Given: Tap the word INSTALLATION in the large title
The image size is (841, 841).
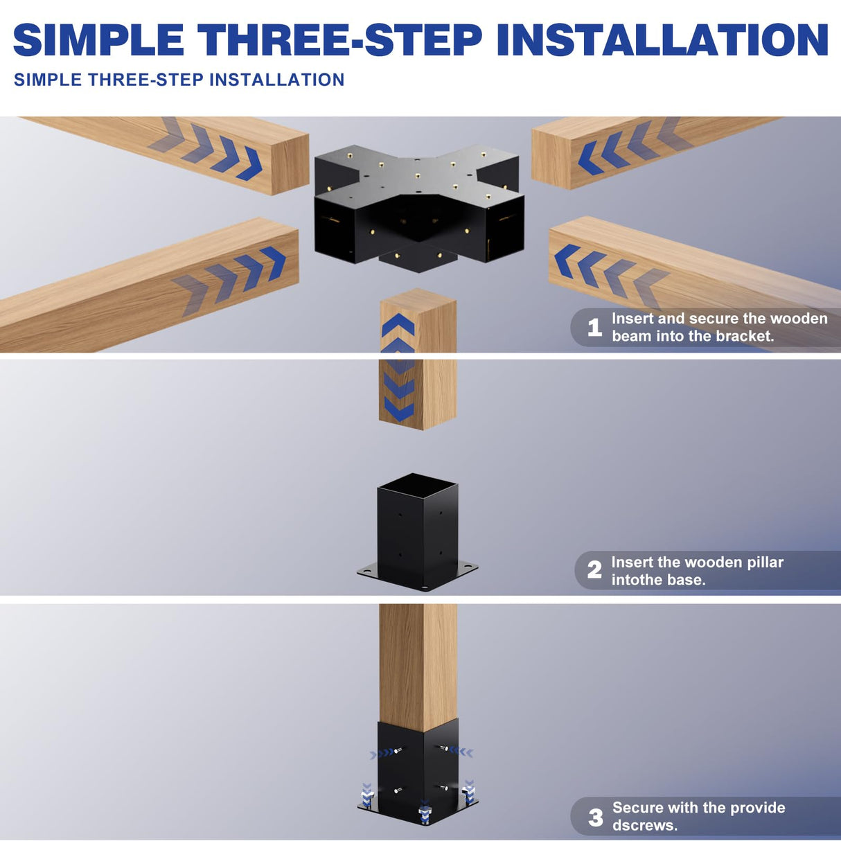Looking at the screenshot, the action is [662, 39].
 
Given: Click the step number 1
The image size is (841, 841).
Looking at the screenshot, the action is [594, 328].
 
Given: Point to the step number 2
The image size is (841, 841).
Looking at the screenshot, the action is [594, 569].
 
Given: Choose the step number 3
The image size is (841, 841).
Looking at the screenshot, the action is [595, 817].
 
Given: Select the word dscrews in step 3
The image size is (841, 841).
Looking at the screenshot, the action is [644, 825].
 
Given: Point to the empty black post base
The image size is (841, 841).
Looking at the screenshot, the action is [418, 533].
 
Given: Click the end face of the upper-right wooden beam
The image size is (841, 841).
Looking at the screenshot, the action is [551, 159].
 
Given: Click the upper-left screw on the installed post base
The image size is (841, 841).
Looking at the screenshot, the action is [398, 751].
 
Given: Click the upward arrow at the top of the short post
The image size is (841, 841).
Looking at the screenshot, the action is [398, 325].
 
